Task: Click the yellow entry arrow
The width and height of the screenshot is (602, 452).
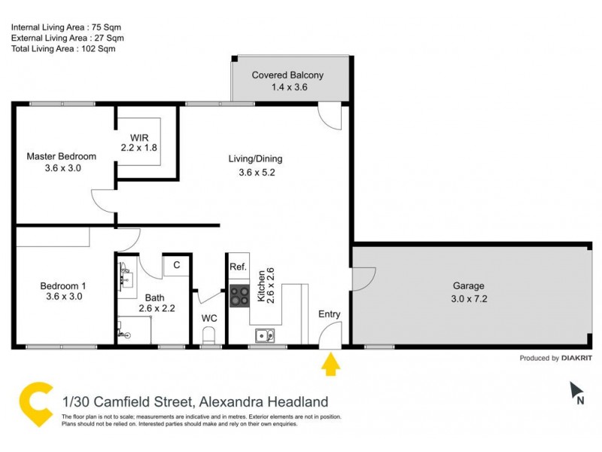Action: click(330, 365)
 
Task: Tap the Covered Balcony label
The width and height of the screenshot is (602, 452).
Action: click(287, 75)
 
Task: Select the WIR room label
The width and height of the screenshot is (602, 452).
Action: click(140, 137)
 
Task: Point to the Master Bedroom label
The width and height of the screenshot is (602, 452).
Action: click(62, 157)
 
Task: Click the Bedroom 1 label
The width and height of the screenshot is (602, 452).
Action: click(63, 286)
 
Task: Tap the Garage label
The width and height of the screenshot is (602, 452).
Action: click(468, 286)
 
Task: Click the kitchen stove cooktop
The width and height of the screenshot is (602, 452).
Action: click(240, 296)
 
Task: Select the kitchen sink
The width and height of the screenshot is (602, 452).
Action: click(263, 336)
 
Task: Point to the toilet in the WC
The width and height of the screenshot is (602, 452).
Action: click(210, 334)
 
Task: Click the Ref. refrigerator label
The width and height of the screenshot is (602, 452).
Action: click(239, 267)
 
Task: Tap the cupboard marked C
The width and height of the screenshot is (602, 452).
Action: click(176, 265)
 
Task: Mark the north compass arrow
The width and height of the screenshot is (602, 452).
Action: click(577, 390)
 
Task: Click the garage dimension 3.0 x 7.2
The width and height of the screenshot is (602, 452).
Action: click(468, 298)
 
